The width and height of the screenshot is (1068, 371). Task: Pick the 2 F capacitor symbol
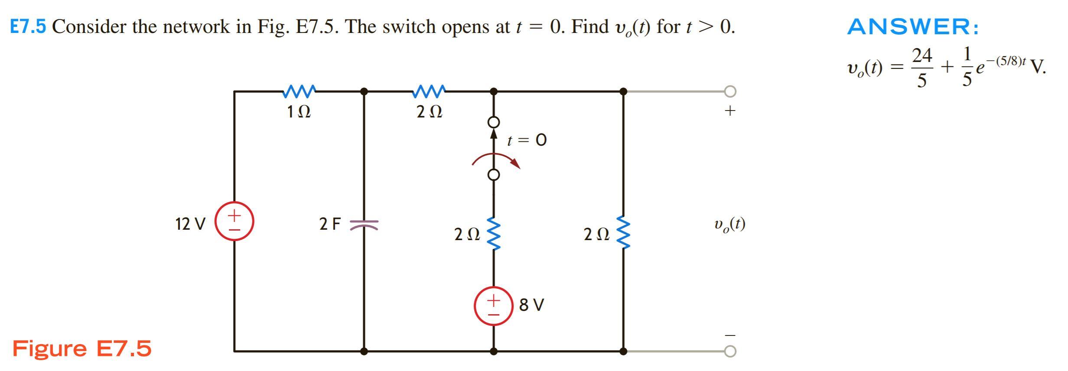[364, 224]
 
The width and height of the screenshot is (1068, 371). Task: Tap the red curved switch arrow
[496, 159]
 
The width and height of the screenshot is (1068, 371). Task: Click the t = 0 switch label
[527, 140]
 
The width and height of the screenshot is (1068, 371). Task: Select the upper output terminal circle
[730, 91]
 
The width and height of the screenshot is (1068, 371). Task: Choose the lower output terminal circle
[730, 351]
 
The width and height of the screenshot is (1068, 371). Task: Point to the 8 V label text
[531, 305]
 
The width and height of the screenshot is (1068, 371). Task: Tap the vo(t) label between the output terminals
[729, 225]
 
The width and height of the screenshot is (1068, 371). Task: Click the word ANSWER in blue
[912, 27]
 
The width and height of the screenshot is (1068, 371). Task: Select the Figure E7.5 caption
[82, 348]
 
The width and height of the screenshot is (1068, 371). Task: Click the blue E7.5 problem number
[28, 27]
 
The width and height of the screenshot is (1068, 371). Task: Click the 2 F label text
[330, 224]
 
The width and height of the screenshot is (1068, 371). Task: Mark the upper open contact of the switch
[493, 122]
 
